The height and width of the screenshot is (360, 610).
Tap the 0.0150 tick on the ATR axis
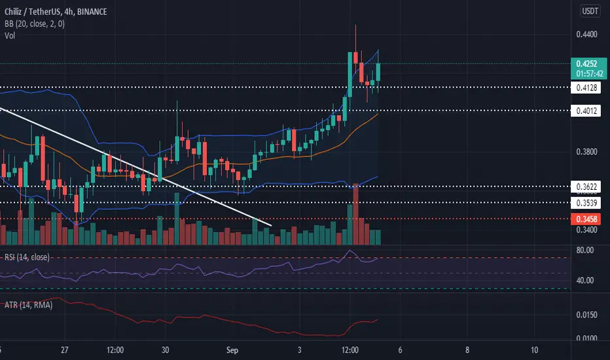pyautogui.click(x=584, y=315)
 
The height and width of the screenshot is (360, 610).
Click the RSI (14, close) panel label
pyautogui.click(x=24, y=257)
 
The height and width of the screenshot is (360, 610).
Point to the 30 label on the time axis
pyautogui.click(x=166, y=350)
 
